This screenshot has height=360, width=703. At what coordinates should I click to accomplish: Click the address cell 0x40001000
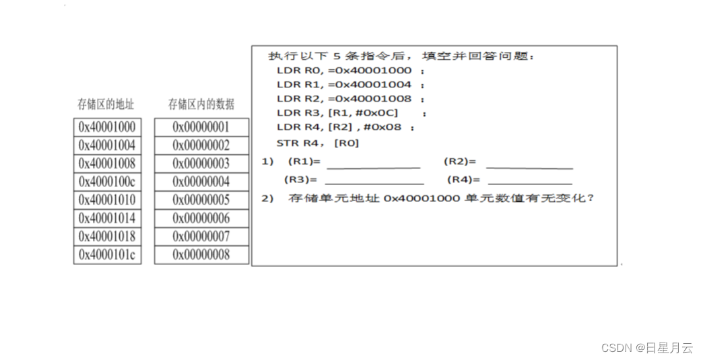(107, 127)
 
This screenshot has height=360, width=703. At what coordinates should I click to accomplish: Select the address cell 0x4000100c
(107, 182)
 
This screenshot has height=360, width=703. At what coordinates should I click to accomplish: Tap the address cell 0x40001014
(107, 218)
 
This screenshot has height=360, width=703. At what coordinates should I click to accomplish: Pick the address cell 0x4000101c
(107, 254)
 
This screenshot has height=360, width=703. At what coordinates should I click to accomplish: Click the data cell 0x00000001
(201, 127)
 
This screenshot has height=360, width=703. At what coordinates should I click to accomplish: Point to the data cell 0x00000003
(201, 164)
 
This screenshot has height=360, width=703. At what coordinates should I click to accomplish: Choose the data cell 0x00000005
(201, 200)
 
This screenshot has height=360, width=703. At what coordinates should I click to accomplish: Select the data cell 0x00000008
(201, 254)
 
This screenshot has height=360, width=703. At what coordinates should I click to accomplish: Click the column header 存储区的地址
(106, 104)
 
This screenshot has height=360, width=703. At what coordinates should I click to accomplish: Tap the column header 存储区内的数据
(201, 104)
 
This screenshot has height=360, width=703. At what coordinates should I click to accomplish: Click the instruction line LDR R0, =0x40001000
(344, 70)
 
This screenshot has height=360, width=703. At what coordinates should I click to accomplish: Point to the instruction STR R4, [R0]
(318, 143)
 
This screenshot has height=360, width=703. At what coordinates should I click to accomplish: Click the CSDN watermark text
(646, 348)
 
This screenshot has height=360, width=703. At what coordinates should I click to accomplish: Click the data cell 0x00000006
(201, 218)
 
